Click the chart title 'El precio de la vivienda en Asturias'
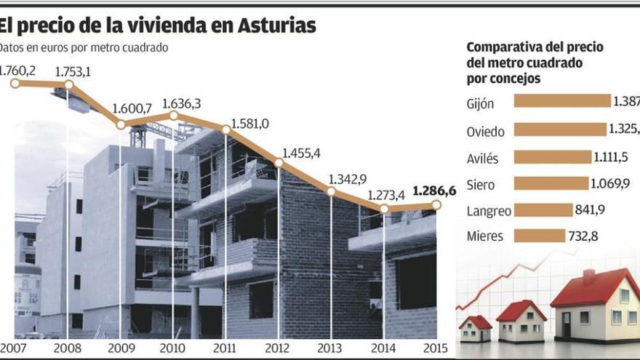(158, 26)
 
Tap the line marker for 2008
(68, 85)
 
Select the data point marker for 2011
(226, 129)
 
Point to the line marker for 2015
(436, 205)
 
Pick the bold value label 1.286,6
(434, 191)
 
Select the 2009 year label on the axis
(121, 348)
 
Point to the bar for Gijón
(561, 101)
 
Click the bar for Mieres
(539, 236)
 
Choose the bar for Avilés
(553, 157)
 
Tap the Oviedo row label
(484, 132)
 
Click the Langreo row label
(489, 211)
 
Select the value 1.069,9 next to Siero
(610, 184)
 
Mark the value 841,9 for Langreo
(592, 210)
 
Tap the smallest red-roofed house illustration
(475, 328)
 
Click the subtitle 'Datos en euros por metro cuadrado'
(84, 48)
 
